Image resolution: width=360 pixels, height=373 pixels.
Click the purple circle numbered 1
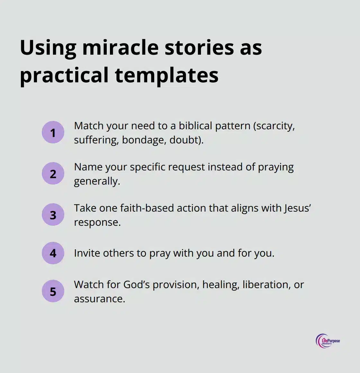[53, 132]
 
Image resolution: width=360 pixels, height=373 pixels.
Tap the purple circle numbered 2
[53, 174]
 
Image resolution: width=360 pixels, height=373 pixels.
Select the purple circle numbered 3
[53, 215]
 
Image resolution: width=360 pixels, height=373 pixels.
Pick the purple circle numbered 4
[53, 253]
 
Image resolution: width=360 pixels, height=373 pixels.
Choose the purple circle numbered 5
[53, 291]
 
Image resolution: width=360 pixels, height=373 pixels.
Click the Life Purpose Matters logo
[328, 341]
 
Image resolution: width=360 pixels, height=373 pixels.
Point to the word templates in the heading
[166, 75]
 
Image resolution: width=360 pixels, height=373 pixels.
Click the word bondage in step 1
[143, 140]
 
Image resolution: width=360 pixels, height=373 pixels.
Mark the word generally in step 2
[97, 181]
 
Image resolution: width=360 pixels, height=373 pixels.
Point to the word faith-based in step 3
[147, 208]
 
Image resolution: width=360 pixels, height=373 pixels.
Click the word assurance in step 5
[99, 299]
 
